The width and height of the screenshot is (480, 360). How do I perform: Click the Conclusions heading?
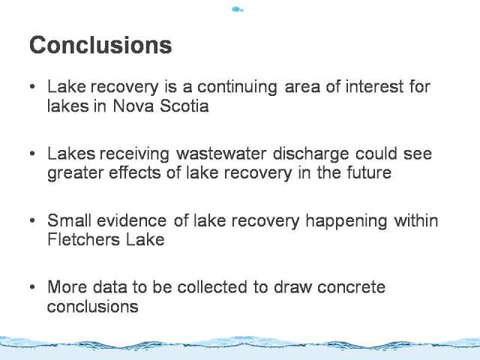pyautogui.click(x=100, y=45)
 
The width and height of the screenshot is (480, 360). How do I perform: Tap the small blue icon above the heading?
pyautogui.click(x=238, y=9)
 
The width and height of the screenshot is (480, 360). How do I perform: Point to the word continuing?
pyautogui.click(x=237, y=88)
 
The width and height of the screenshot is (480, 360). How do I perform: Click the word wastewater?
pyautogui.click(x=221, y=153)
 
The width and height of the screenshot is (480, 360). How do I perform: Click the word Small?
pyautogui.click(x=69, y=220)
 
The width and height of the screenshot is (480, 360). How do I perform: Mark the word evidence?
pyautogui.click(x=132, y=220)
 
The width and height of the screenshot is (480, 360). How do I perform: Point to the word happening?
pyautogui.click(x=346, y=222)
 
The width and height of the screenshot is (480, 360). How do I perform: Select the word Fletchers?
pyautogui.click(x=83, y=239)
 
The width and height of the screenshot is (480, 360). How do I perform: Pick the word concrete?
pyautogui.click(x=351, y=287)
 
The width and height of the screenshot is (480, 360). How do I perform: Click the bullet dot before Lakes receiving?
pyautogui.click(x=33, y=153)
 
